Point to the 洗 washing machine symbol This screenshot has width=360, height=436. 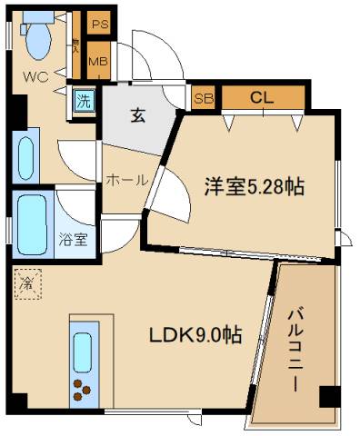pos(83,101)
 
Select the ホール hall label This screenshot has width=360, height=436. pos(126,180)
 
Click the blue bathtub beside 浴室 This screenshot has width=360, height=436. pos(32,223)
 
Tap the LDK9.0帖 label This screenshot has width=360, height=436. pos(195,334)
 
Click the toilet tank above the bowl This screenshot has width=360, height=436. pos(37,16)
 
